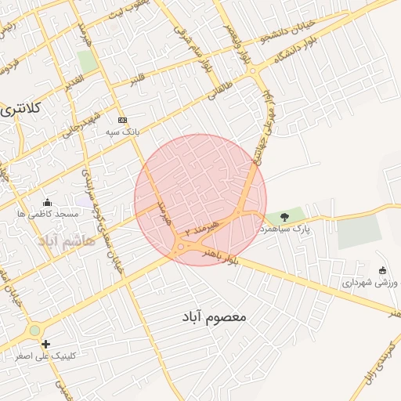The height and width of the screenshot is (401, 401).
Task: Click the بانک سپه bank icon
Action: pos(121,120)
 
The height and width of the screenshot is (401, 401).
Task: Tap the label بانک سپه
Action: pos(124,132)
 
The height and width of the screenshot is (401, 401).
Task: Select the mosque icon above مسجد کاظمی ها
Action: pos(48,202)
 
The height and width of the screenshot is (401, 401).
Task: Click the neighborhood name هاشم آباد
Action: pos(67,240)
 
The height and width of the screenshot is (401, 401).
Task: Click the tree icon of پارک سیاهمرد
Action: pos(284,216)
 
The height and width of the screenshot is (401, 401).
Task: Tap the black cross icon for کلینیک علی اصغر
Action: pos(46,344)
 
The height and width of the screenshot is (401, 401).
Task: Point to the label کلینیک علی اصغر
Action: pos(47,356)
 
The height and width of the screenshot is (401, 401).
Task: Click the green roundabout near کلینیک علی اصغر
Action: pos(34,331)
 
